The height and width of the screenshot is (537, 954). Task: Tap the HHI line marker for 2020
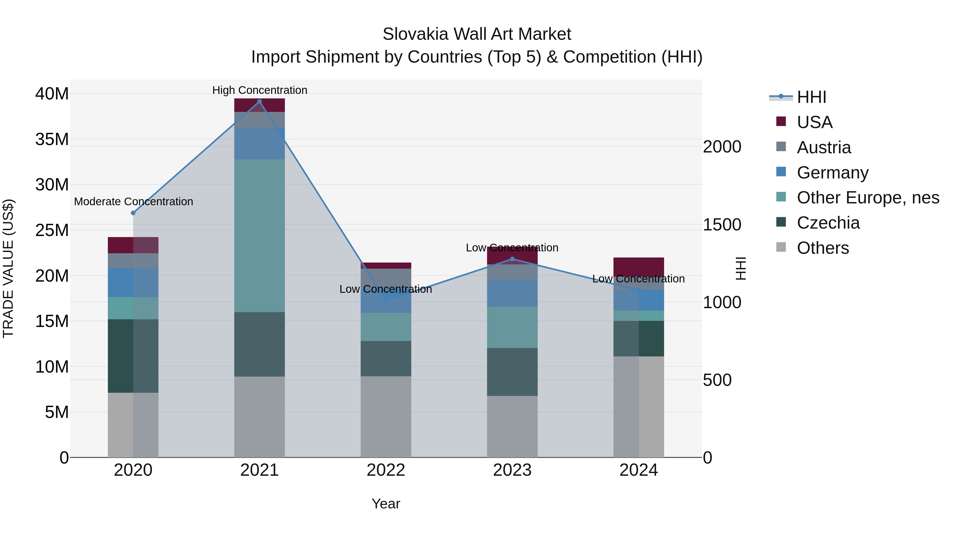coord(133,213)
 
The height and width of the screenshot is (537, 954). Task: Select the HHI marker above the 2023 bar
coord(512,259)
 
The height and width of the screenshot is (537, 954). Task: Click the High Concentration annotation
coord(260,90)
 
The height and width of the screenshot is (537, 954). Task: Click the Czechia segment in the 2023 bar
coord(512,372)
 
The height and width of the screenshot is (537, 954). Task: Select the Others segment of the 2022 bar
coord(386,417)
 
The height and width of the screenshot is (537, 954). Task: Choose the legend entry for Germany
coord(832,173)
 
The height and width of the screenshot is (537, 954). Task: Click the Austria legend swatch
coord(781,147)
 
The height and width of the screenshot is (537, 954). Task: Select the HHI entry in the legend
coord(811,97)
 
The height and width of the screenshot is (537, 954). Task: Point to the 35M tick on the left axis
coord(52,139)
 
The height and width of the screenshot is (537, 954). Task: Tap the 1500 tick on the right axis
coord(722,225)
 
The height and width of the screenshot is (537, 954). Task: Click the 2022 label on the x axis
coord(386,470)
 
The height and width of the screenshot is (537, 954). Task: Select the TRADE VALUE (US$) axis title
coord(8,268)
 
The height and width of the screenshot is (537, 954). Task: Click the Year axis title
coord(386,504)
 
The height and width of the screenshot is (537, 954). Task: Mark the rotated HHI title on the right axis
coord(740,268)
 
